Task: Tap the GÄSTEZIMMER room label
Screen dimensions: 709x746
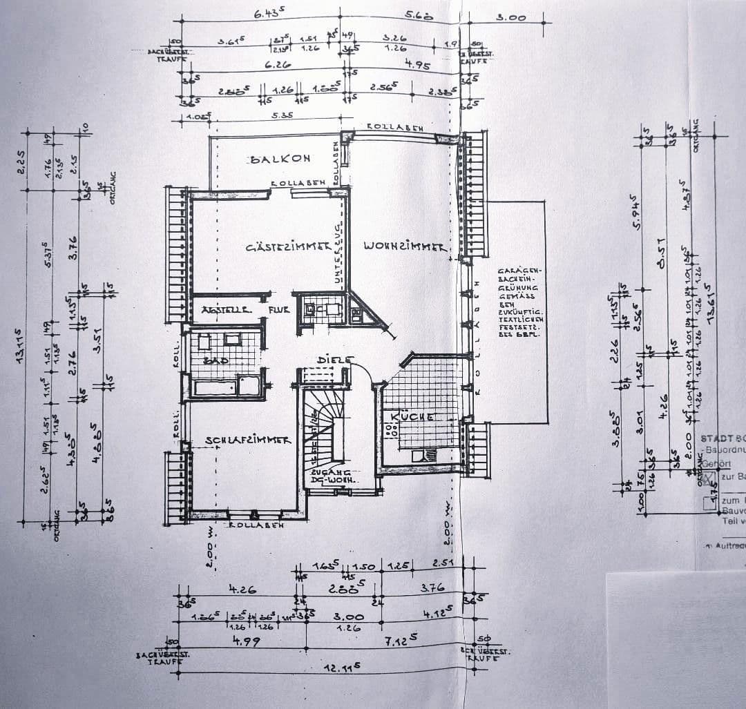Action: coord(285,247)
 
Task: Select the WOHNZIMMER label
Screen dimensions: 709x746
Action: coord(405,246)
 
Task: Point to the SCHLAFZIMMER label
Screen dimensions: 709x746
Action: coord(247,440)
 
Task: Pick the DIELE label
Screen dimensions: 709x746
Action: coord(334,360)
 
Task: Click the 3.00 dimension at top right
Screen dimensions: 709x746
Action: coord(511,17)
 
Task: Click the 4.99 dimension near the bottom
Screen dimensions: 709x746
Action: coord(242,641)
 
